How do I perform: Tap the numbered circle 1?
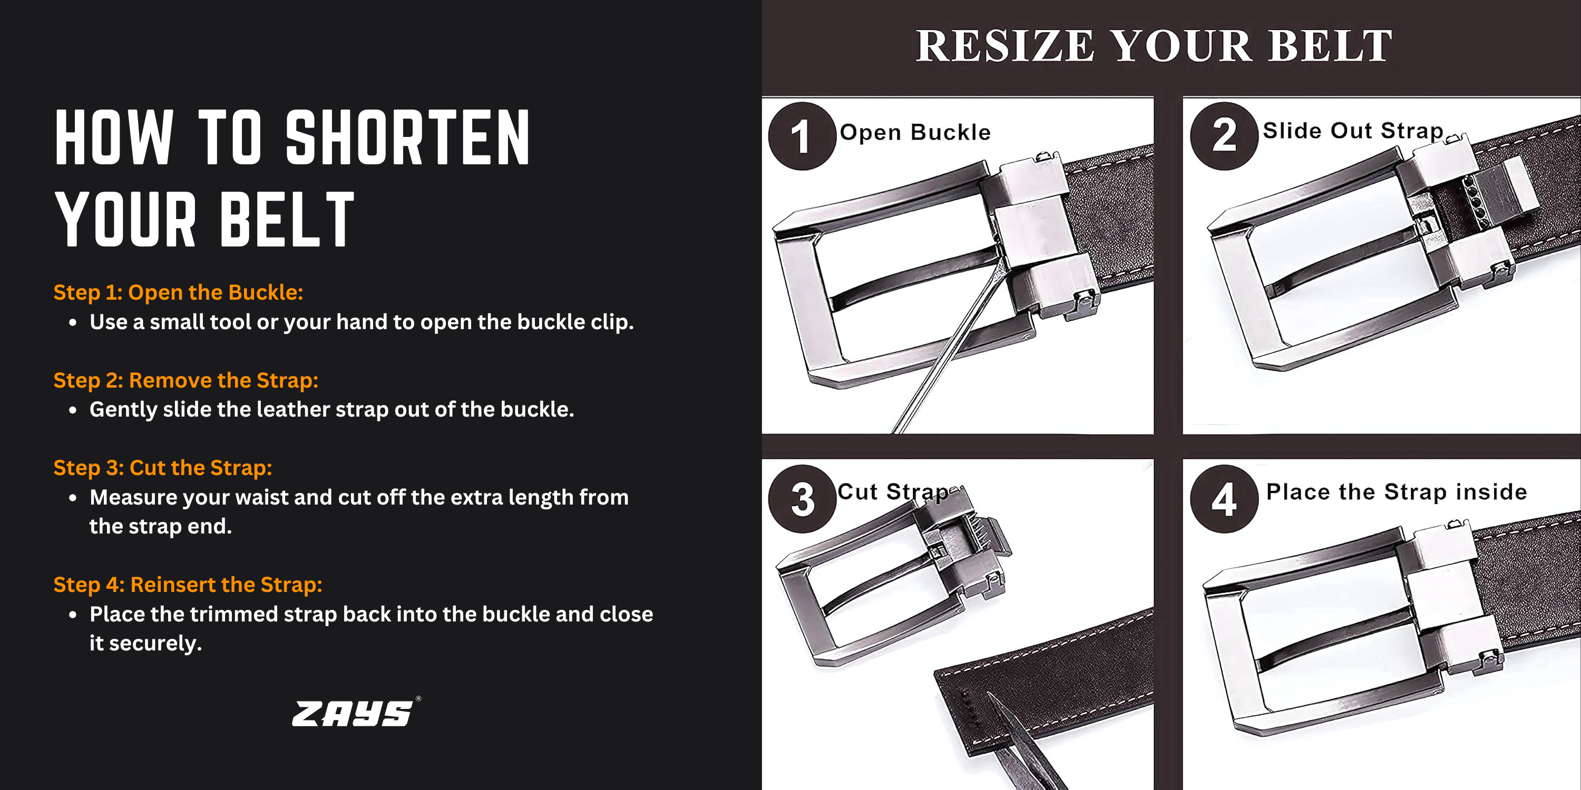pos(802,136)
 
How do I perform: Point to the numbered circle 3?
pos(802,499)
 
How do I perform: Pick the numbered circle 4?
pos(1224,499)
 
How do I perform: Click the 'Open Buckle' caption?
pos(915,133)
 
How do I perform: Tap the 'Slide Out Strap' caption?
pos(1353,131)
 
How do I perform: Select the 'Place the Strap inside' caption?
pos(1396,492)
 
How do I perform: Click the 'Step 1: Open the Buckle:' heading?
pos(178,293)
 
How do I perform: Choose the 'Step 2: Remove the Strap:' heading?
pos(186,380)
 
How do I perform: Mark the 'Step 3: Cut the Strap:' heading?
pos(163,468)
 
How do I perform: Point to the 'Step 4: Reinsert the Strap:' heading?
pos(188,585)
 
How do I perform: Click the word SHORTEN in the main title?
pos(407,137)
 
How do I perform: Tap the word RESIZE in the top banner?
pos(1004,46)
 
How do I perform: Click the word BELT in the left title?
pos(287,219)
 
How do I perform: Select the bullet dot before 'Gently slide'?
pos(73,410)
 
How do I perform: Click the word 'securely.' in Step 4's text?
pos(155,644)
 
